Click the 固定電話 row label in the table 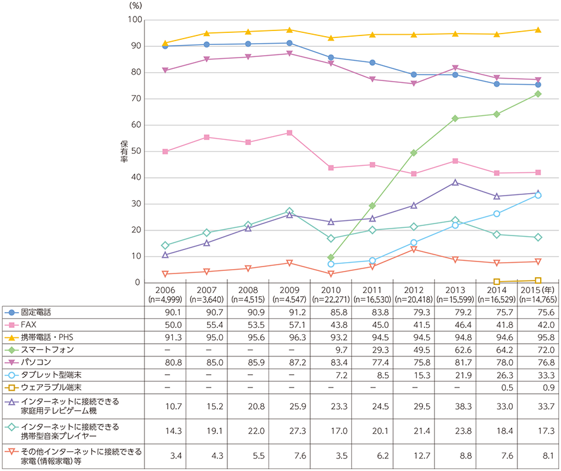37,312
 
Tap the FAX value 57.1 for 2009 289,325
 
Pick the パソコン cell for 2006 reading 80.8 164,362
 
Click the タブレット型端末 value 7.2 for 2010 330,375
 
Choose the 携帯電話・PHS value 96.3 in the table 289,337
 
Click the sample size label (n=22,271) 330,297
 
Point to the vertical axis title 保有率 123,151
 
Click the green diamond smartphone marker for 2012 413,153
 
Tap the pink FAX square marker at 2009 289,133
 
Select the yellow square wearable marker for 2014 496,282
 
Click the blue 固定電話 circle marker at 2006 165,46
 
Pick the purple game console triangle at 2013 455,182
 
